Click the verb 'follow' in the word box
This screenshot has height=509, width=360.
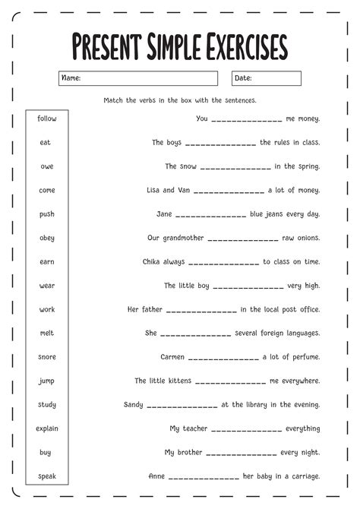47,119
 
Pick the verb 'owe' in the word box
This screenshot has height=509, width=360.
47,166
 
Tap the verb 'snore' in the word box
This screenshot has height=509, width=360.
47,356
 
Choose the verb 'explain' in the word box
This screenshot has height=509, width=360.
47,428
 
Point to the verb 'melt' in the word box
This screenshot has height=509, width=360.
47,333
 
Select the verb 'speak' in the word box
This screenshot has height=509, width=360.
47,476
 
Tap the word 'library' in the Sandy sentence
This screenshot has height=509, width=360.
257,405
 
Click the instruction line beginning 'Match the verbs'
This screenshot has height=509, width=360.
180,100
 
